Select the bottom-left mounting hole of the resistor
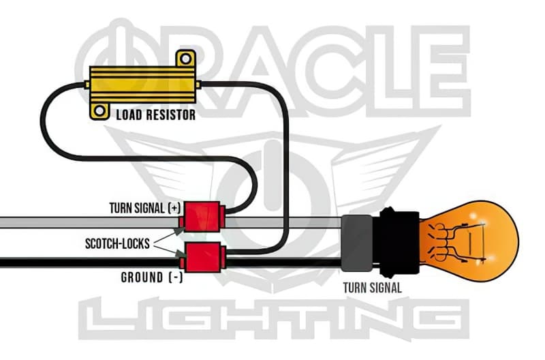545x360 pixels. click(x=100, y=110)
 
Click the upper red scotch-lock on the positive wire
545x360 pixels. click(x=200, y=217)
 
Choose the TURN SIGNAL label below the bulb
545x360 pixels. click(x=373, y=288)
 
